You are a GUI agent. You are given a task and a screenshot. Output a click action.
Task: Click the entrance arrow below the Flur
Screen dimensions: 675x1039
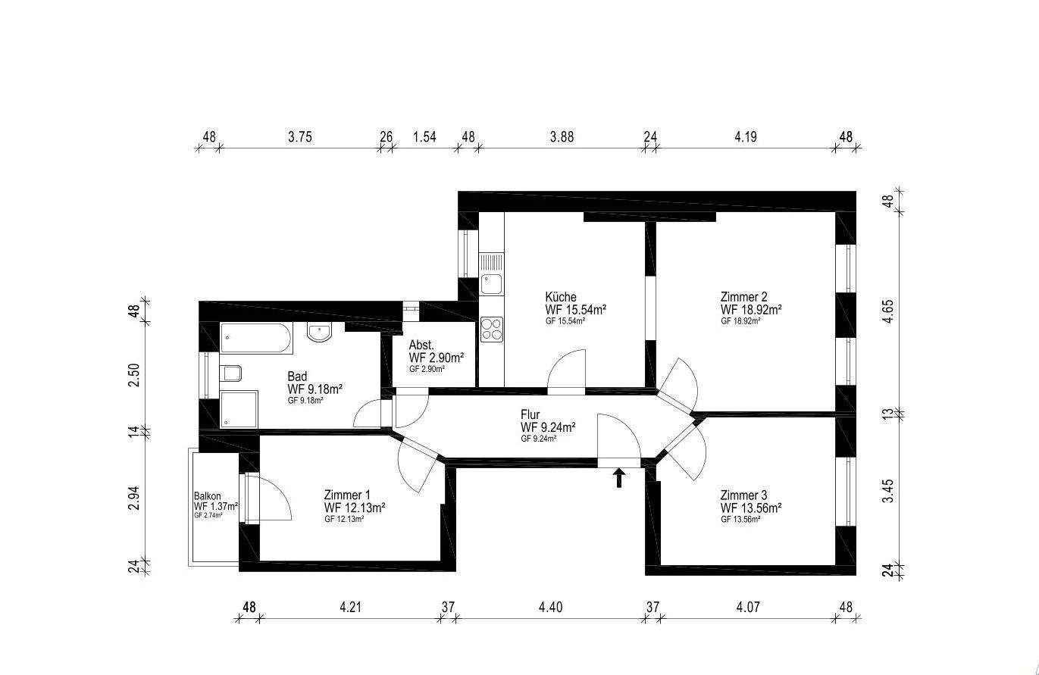click(x=619, y=477)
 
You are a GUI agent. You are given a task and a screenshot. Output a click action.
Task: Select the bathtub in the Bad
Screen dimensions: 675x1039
click(x=255, y=339)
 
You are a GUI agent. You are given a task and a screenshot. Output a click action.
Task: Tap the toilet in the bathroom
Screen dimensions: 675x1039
click(x=231, y=373)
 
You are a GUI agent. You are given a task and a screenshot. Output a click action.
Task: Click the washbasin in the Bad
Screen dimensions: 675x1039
click(x=319, y=332)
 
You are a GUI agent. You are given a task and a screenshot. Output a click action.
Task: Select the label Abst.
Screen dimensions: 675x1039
click(x=421, y=345)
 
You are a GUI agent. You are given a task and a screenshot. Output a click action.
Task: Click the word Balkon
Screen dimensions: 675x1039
click(x=207, y=496)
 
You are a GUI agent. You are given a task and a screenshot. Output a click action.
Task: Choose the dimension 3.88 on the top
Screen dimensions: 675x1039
click(x=562, y=137)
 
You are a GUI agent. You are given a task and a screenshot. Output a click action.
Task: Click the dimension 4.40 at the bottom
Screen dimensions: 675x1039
click(x=550, y=607)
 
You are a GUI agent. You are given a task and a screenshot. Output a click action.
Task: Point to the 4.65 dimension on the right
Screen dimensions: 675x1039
click(x=889, y=312)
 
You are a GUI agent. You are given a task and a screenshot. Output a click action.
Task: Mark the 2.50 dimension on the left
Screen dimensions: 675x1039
click(x=134, y=376)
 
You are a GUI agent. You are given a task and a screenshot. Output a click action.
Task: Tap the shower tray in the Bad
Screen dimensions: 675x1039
click(x=239, y=409)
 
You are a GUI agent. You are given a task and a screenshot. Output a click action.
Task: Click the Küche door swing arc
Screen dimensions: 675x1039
click(x=566, y=368)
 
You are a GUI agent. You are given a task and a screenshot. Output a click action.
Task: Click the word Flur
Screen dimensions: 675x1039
click(x=530, y=414)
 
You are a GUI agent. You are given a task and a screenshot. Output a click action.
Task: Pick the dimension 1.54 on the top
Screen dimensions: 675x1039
click(x=424, y=137)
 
